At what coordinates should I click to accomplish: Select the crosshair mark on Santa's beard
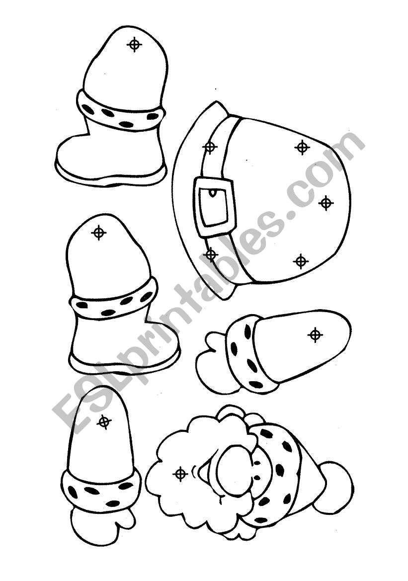(x=180, y=474)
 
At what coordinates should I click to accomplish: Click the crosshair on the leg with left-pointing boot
(x=134, y=44)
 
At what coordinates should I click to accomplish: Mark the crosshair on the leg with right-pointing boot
(x=98, y=233)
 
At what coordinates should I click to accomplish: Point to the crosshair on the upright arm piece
(x=104, y=421)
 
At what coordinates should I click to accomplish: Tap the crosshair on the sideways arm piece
(x=315, y=334)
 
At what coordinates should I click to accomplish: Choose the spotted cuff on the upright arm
(x=101, y=489)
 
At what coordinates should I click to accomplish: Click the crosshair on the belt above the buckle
(x=210, y=147)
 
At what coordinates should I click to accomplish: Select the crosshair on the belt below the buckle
(x=210, y=254)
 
